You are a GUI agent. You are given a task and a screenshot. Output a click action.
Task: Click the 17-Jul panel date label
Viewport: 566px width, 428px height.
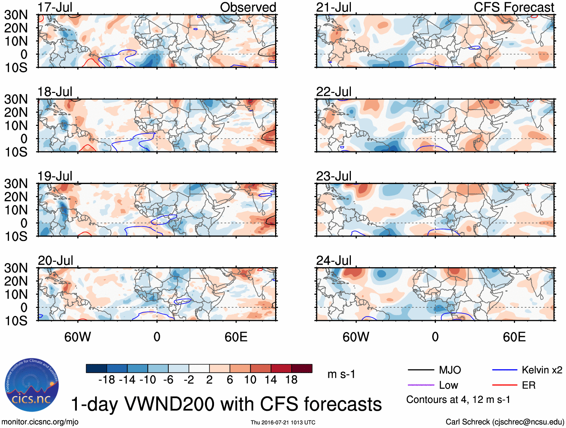coord(55,7)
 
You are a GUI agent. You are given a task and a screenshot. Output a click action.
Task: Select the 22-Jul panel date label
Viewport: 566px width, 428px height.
coord(334,91)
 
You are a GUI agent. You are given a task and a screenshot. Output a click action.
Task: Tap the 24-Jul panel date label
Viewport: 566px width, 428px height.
coord(334,260)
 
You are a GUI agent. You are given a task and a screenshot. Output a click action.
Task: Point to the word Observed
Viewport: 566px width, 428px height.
coord(248,7)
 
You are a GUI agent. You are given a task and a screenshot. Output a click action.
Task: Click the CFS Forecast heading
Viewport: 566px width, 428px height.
coord(514,7)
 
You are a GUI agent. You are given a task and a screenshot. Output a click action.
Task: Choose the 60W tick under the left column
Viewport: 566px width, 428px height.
coord(78,337)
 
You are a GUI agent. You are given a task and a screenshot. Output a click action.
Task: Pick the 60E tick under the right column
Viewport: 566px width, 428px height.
coord(514,337)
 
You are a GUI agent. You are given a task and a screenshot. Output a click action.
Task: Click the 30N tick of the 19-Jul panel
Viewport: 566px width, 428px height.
coord(16,184)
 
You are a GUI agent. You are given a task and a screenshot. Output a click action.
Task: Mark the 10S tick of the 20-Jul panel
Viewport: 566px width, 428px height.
coord(16,321)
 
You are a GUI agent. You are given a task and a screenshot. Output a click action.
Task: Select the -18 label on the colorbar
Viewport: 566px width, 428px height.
coord(106,380)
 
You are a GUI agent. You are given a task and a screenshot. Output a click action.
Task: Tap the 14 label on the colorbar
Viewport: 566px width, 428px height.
coord(271,380)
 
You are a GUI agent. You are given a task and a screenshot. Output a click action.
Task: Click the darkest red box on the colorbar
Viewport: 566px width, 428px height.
coord(302,368)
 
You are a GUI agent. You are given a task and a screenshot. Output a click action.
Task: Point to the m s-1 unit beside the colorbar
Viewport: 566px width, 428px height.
coord(341,374)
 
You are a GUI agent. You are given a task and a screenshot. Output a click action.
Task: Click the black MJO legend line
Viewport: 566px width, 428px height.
coord(421,370)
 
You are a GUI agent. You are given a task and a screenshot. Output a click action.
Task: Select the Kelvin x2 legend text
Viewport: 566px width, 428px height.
coord(542,370)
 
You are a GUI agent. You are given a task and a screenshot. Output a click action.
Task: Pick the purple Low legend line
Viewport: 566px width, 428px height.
coord(421,385)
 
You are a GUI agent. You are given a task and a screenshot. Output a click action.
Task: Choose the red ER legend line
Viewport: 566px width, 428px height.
coord(505,385)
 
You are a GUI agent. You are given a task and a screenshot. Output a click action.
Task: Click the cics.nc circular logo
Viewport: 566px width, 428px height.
coord(32,385)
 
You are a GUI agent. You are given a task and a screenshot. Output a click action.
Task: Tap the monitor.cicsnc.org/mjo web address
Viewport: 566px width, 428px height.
coord(40,422)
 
